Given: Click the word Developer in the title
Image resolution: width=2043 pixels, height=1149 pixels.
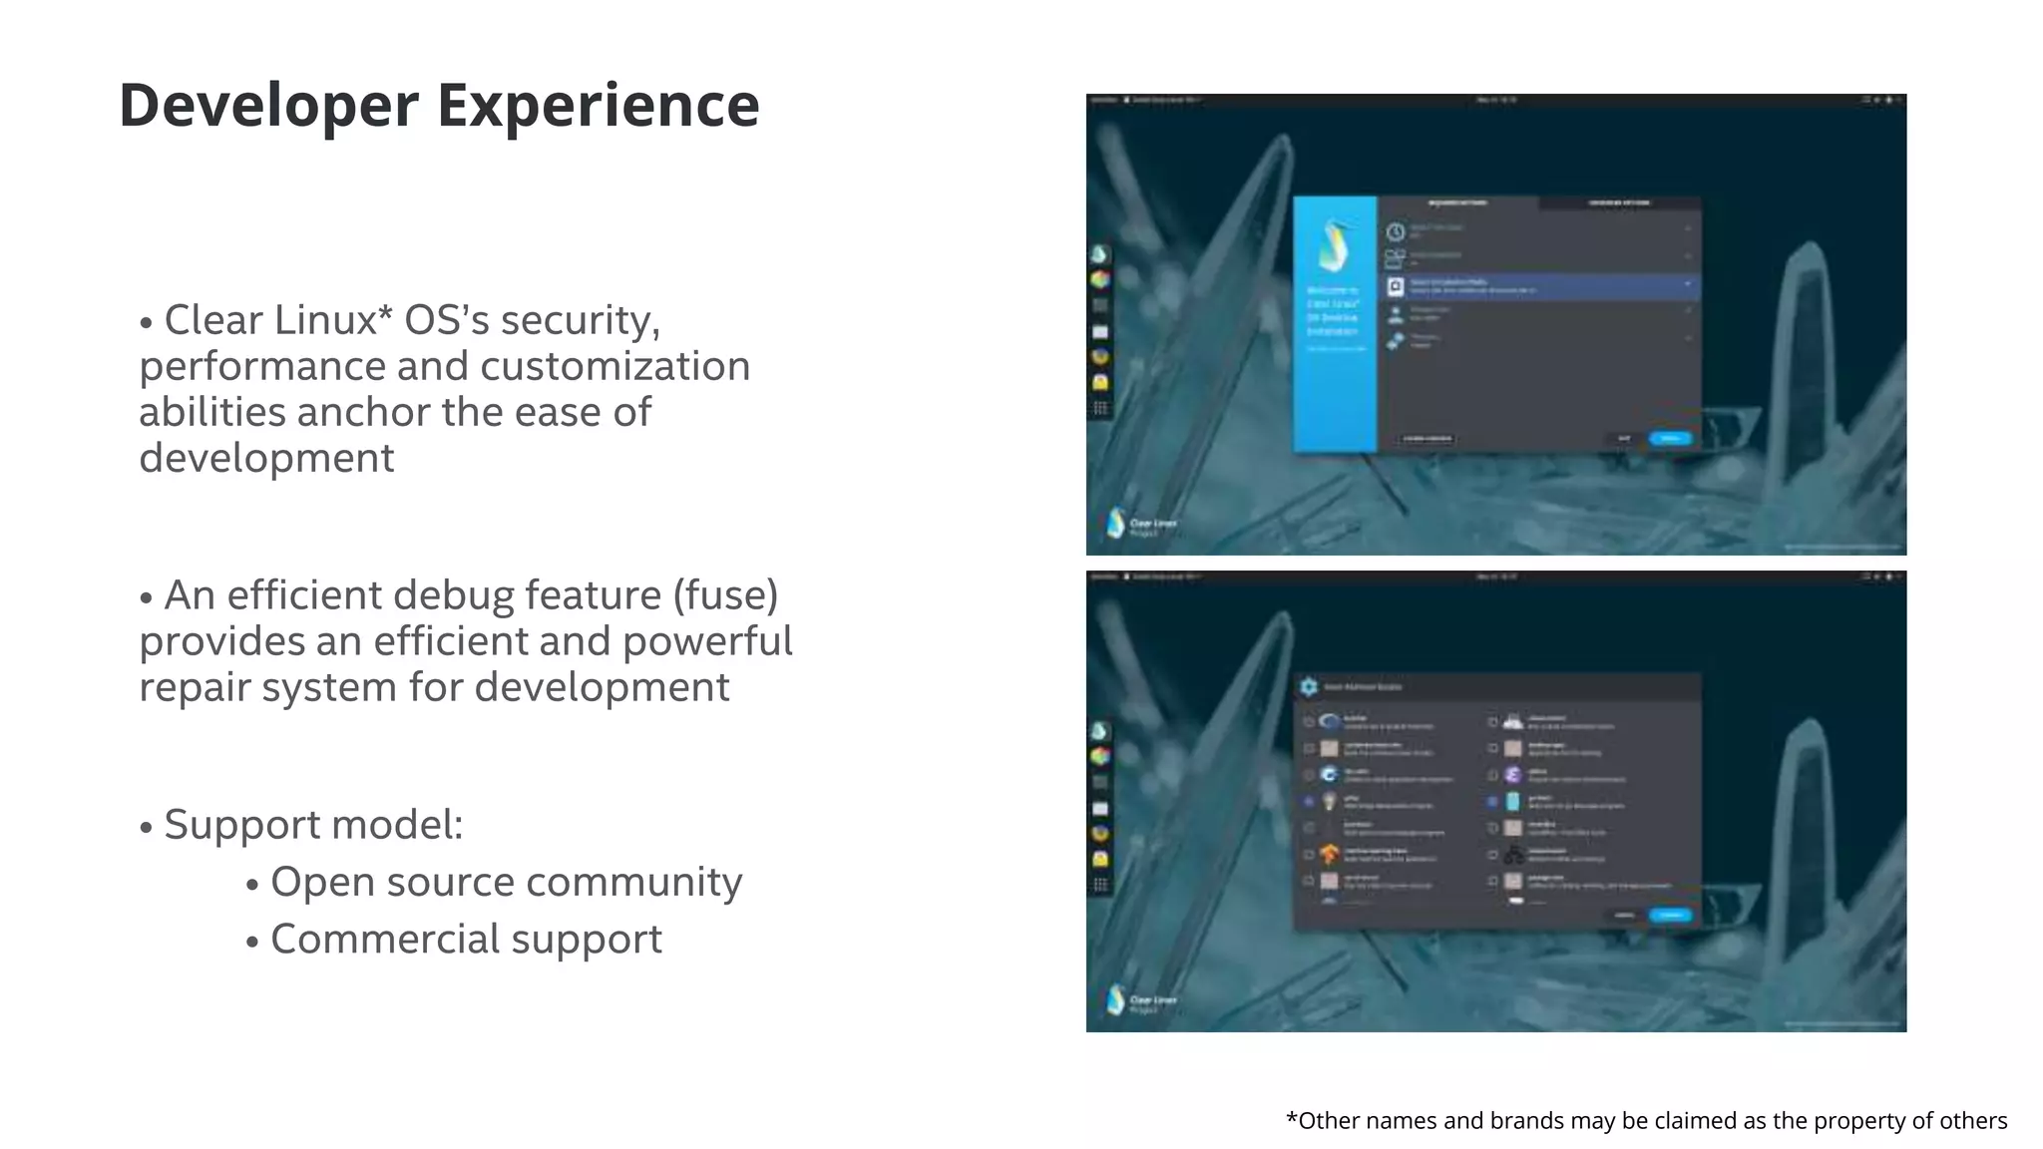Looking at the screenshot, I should (268, 106).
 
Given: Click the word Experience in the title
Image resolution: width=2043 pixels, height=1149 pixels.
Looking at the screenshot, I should (598, 106).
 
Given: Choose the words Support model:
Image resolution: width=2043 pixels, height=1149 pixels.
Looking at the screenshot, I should (313, 825).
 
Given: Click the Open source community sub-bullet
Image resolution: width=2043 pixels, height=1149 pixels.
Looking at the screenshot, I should (506, 883).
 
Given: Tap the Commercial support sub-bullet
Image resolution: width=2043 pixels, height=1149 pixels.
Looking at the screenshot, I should (466, 940).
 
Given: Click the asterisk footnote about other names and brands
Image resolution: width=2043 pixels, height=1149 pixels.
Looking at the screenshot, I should (1646, 1120).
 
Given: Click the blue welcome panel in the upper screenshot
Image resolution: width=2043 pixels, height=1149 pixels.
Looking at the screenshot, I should (1335, 324).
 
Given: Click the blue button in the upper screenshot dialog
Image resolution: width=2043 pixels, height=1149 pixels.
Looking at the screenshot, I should (1670, 438).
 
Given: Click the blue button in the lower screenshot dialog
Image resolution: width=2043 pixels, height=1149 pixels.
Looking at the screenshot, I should (1670, 915).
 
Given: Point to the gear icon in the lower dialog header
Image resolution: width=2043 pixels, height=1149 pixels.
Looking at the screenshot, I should (1309, 686).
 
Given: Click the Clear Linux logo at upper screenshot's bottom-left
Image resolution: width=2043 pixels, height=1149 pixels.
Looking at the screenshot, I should (1116, 523).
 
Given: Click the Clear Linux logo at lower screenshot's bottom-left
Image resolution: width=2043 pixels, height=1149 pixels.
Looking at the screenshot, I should (1116, 999).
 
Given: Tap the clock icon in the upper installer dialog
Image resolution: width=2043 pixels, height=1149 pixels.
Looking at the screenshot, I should (1395, 231).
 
